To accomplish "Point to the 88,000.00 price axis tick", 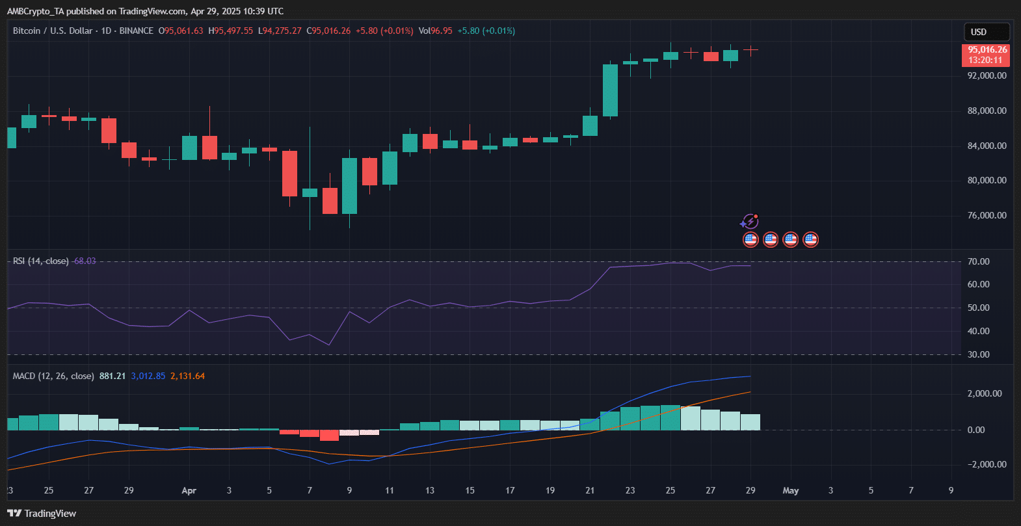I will tap(987, 111).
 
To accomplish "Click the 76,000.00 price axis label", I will tap(987, 215).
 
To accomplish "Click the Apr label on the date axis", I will tap(189, 490).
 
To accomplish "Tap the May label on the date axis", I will tap(790, 490).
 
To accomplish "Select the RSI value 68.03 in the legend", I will tap(85, 261).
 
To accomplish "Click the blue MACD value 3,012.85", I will tap(148, 376).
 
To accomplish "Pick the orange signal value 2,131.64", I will tap(187, 376).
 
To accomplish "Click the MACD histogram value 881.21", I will tap(113, 376).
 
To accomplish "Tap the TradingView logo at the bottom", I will tap(42, 514).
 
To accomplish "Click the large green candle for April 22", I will tap(610, 90).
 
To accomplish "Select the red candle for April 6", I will tap(289, 174).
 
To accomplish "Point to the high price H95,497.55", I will tap(231, 31).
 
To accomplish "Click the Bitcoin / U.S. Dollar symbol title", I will tap(53, 31).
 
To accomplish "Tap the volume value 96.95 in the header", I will tap(442, 31).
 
